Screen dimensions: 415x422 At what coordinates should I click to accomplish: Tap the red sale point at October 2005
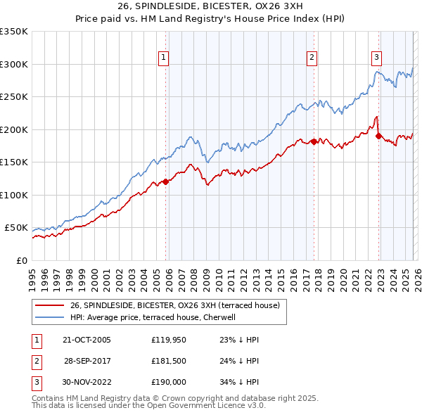[166, 181]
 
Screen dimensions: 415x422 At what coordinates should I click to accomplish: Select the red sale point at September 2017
[314, 141]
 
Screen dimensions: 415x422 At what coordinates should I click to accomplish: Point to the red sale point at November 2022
[378, 136]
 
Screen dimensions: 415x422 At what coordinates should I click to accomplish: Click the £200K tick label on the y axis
[14, 129]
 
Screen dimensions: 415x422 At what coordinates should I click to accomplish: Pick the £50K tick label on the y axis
[17, 228]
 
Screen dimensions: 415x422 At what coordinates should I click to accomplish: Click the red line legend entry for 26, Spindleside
[174, 305]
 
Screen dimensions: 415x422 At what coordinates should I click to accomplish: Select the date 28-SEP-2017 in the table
[88, 361]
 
